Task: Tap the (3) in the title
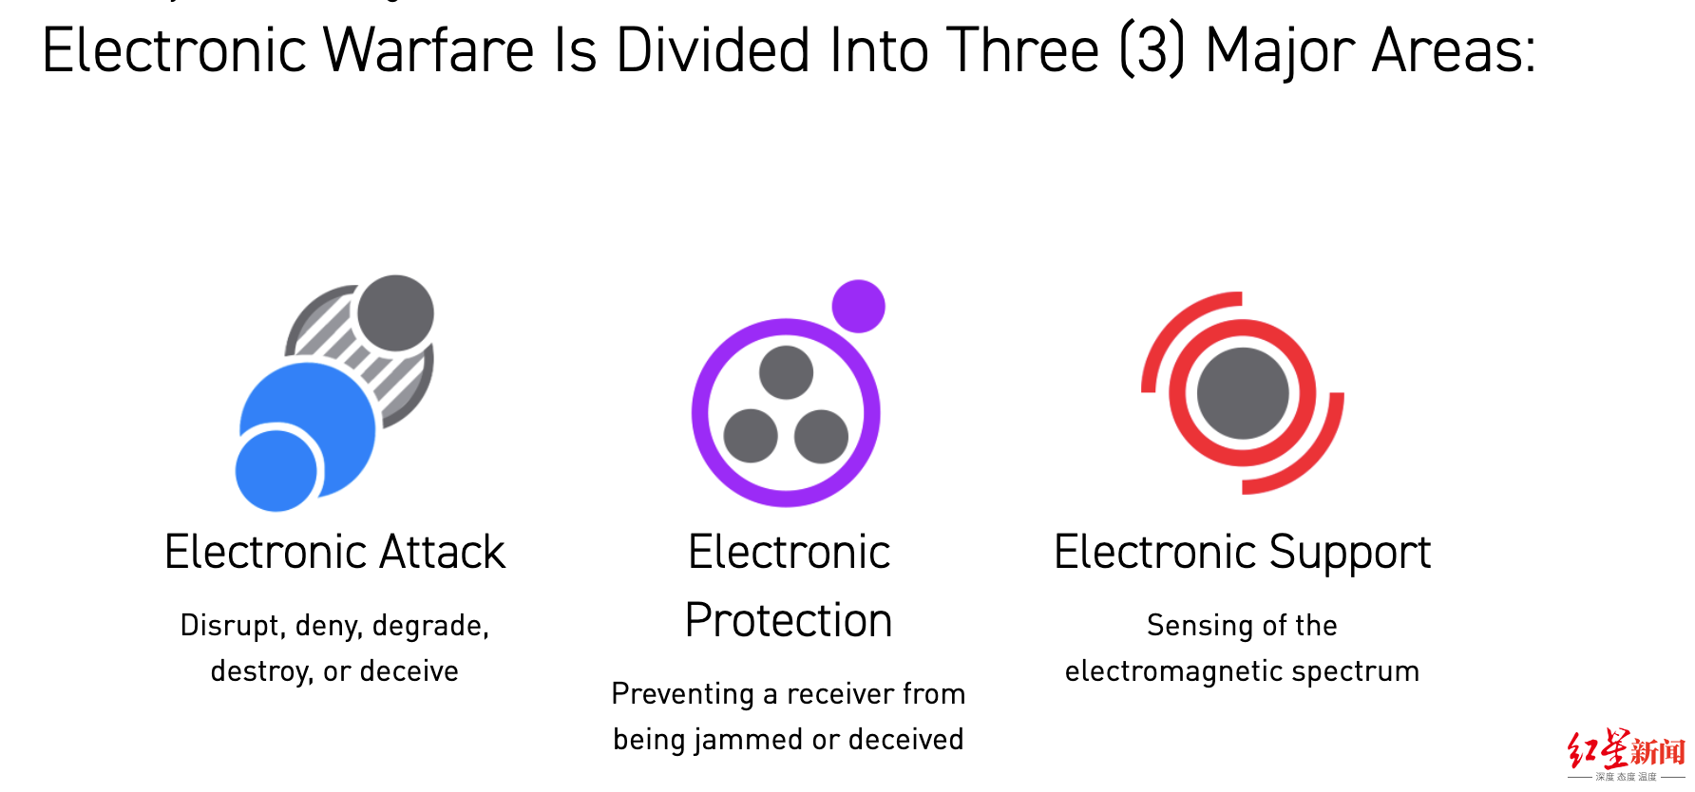(1152, 50)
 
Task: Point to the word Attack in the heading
(442, 553)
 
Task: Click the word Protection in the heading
(789, 621)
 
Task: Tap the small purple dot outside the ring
(858, 306)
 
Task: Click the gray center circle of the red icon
(1243, 393)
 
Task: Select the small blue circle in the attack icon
(276, 471)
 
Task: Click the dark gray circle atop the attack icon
(395, 313)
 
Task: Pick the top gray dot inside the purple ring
(786, 372)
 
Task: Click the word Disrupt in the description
(233, 626)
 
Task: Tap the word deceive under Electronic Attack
(409, 671)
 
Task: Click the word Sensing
(1200, 626)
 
